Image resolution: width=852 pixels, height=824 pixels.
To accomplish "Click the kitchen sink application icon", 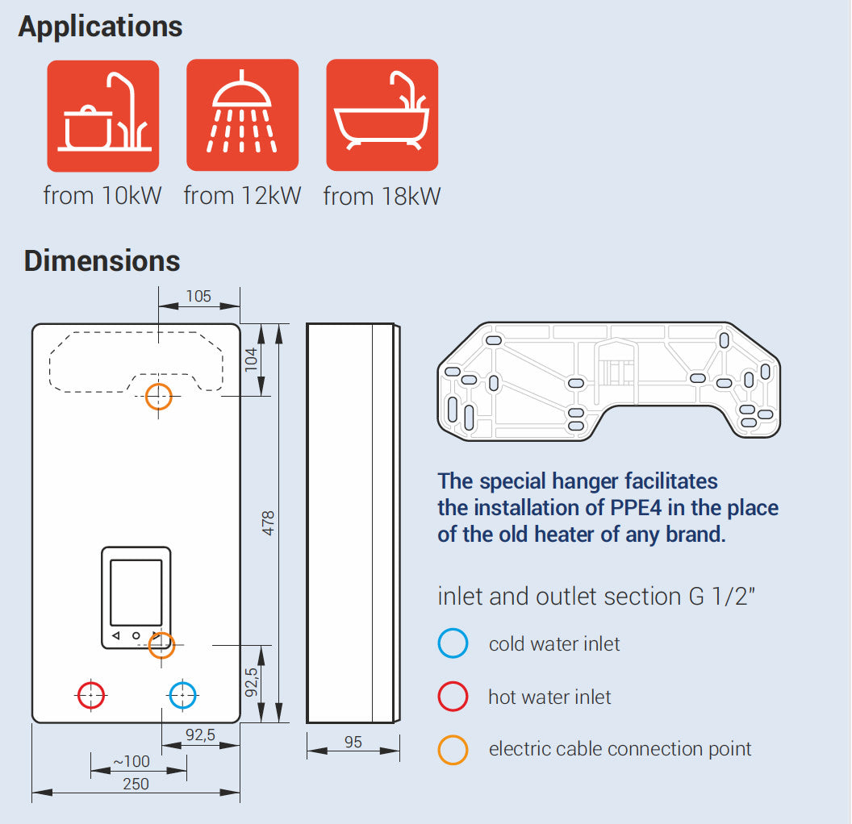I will (x=102, y=115).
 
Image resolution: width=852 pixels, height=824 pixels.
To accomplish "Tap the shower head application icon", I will (x=242, y=115).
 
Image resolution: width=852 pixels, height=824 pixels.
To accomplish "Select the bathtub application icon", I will (x=382, y=115).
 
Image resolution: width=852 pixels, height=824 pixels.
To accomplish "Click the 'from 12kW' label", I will (x=242, y=196).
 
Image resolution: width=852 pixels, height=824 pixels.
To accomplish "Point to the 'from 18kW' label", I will (x=382, y=196).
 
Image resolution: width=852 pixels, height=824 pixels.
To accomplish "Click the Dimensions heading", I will (x=102, y=261).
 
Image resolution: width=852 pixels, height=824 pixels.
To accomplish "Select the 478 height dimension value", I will (x=269, y=523).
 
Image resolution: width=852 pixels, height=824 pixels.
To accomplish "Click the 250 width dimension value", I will (x=136, y=784).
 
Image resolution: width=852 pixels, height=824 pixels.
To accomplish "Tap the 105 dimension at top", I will (x=198, y=296).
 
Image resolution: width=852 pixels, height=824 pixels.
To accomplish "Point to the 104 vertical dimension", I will (x=250, y=360).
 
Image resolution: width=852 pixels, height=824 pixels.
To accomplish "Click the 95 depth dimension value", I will (x=353, y=743).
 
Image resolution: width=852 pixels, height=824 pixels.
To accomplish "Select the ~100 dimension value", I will (x=131, y=762).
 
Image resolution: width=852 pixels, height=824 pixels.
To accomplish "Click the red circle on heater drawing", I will (x=91, y=694).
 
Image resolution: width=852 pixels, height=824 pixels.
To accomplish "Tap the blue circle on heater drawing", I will (x=183, y=694).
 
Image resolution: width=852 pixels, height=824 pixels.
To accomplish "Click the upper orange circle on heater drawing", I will (x=159, y=396).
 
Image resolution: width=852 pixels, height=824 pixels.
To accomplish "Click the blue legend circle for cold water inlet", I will (x=453, y=644).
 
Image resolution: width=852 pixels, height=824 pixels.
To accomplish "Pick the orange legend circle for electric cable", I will (x=453, y=749).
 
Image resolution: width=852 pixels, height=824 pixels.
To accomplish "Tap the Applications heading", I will (x=100, y=27).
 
